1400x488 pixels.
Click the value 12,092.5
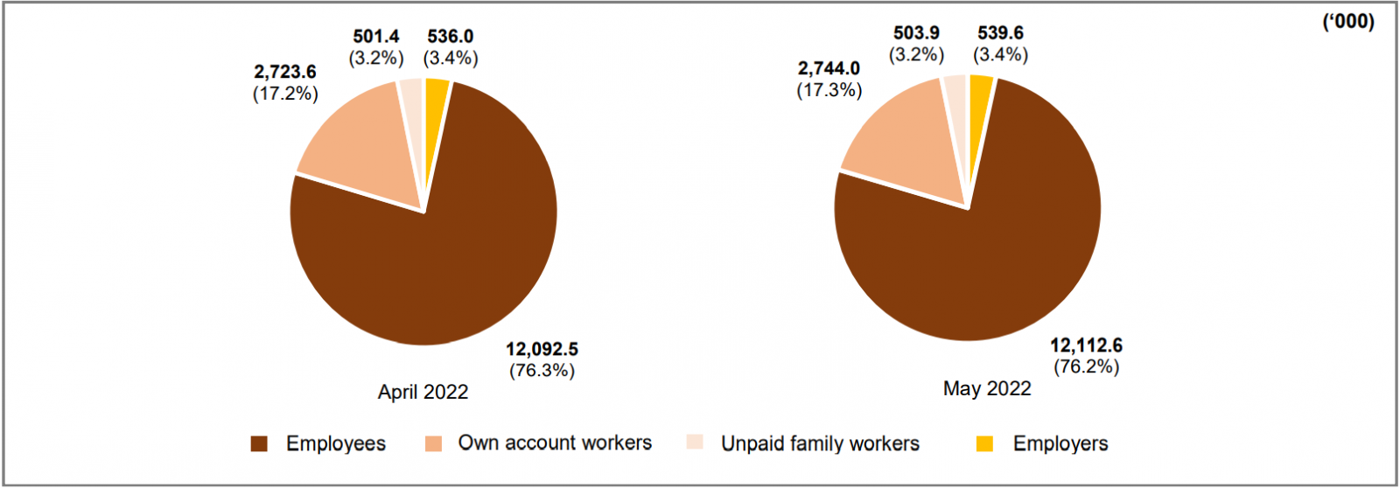(542, 349)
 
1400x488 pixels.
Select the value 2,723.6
(285, 72)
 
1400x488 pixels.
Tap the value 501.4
(376, 36)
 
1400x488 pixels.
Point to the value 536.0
(451, 36)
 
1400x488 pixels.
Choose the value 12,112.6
(1086, 345)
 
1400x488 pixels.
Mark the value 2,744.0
(829, 68)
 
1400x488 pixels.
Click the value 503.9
(916, 32)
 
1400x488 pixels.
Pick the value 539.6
(1000, 32)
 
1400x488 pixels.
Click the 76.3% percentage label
(542, 370)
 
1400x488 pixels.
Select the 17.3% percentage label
(829, 90)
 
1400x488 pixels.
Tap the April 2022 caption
(423, 392)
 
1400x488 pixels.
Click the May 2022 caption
(987, 388)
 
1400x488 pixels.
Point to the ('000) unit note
(1347, 21)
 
